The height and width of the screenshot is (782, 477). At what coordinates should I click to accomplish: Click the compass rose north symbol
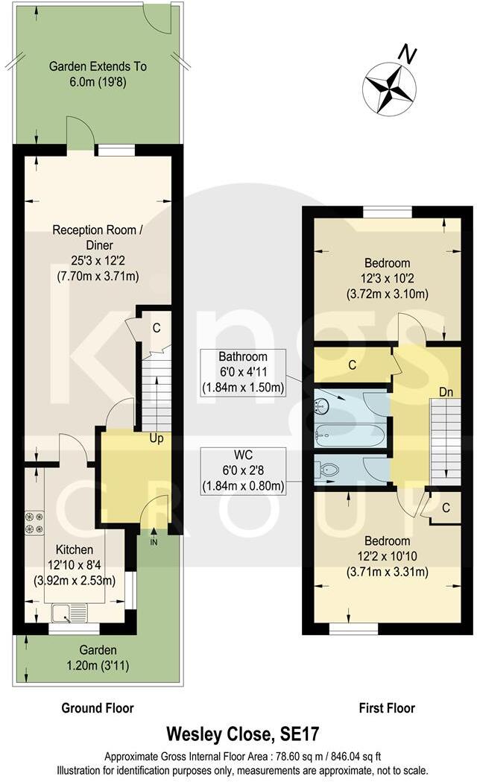coord(389,88)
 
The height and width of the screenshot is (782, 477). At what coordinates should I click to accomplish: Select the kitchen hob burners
coord(34,522)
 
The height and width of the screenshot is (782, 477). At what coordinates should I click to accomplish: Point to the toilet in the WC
coord(328,470)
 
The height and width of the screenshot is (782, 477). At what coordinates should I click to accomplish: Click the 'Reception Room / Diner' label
coord(98,236)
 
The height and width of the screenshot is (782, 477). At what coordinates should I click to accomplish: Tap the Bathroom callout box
coord(243,371)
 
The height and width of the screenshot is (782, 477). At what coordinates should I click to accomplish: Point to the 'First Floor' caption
coord(386,708)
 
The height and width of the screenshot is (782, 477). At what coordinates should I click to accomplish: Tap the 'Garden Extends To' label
coord(98,66)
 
